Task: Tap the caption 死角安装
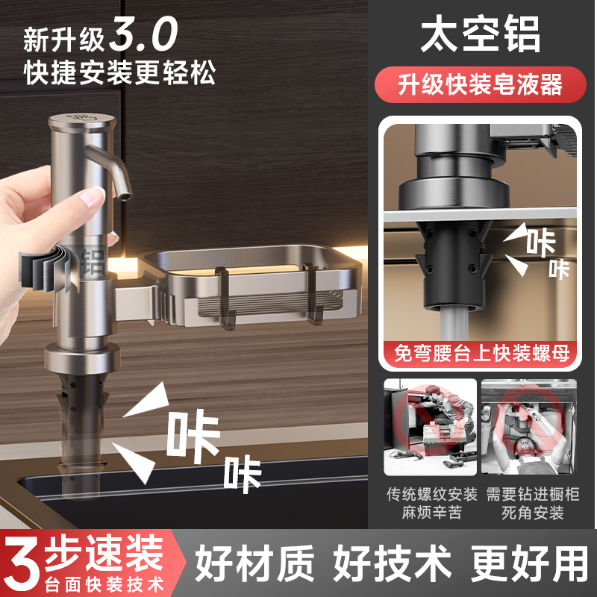pos(532,513)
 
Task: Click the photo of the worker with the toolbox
pos(430,427)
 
